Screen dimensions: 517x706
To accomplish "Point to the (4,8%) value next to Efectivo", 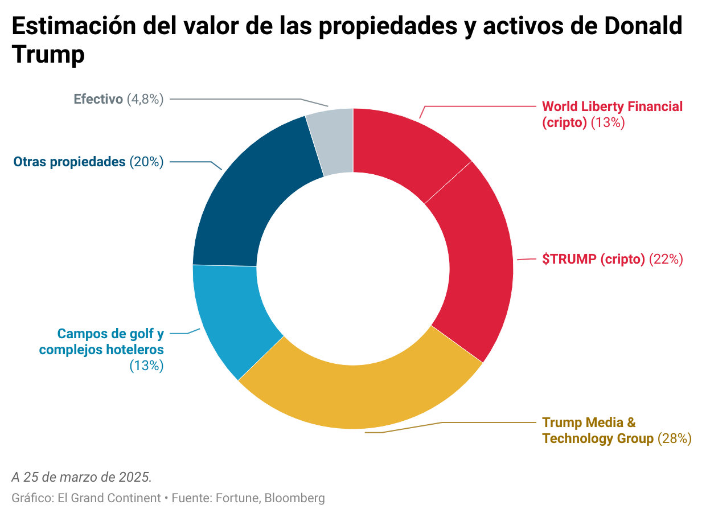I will (145, 99).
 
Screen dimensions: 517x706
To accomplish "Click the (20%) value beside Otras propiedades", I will (146, 162).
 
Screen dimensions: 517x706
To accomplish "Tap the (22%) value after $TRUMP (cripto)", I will (666, 259).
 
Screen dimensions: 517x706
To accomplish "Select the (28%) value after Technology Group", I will (674, 438).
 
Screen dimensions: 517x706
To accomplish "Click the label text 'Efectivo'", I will (98, 99).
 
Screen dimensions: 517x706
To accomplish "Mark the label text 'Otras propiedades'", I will (69, 162).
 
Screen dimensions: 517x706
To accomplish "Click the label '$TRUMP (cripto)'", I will (593, 259).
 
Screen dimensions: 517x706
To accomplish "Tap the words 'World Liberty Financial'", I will (612, 106).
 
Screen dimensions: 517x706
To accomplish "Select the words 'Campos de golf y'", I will (110, 334).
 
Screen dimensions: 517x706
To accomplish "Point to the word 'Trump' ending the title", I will (48, 55).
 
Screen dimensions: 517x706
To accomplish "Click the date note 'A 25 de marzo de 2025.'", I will (81, 476).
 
